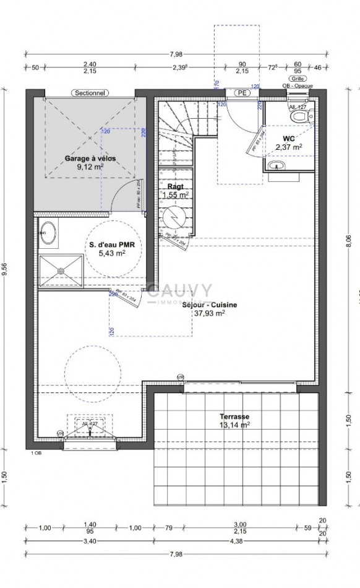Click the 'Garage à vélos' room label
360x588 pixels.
pos(90,158)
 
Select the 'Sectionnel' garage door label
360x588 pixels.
pos(89,93)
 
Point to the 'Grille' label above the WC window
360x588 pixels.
pos(298,78)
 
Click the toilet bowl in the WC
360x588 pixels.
pos(300,116)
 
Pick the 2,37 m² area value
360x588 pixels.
pos(289,147)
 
